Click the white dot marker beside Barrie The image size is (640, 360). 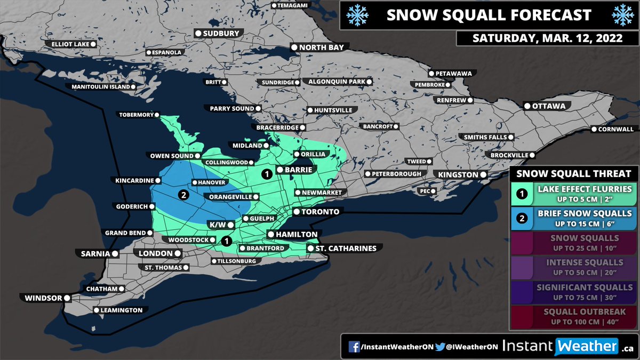(x=279, y=170)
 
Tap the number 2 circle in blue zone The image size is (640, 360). (x=183, y=195)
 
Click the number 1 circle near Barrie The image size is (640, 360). (x=266, y=174)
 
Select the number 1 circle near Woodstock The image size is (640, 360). (x=226, y=241)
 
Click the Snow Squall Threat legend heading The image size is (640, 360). (x=573, y=173)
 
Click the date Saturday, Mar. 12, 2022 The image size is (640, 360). (x=547, y=39)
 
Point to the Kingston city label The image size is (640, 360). (x=458, y=175)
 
